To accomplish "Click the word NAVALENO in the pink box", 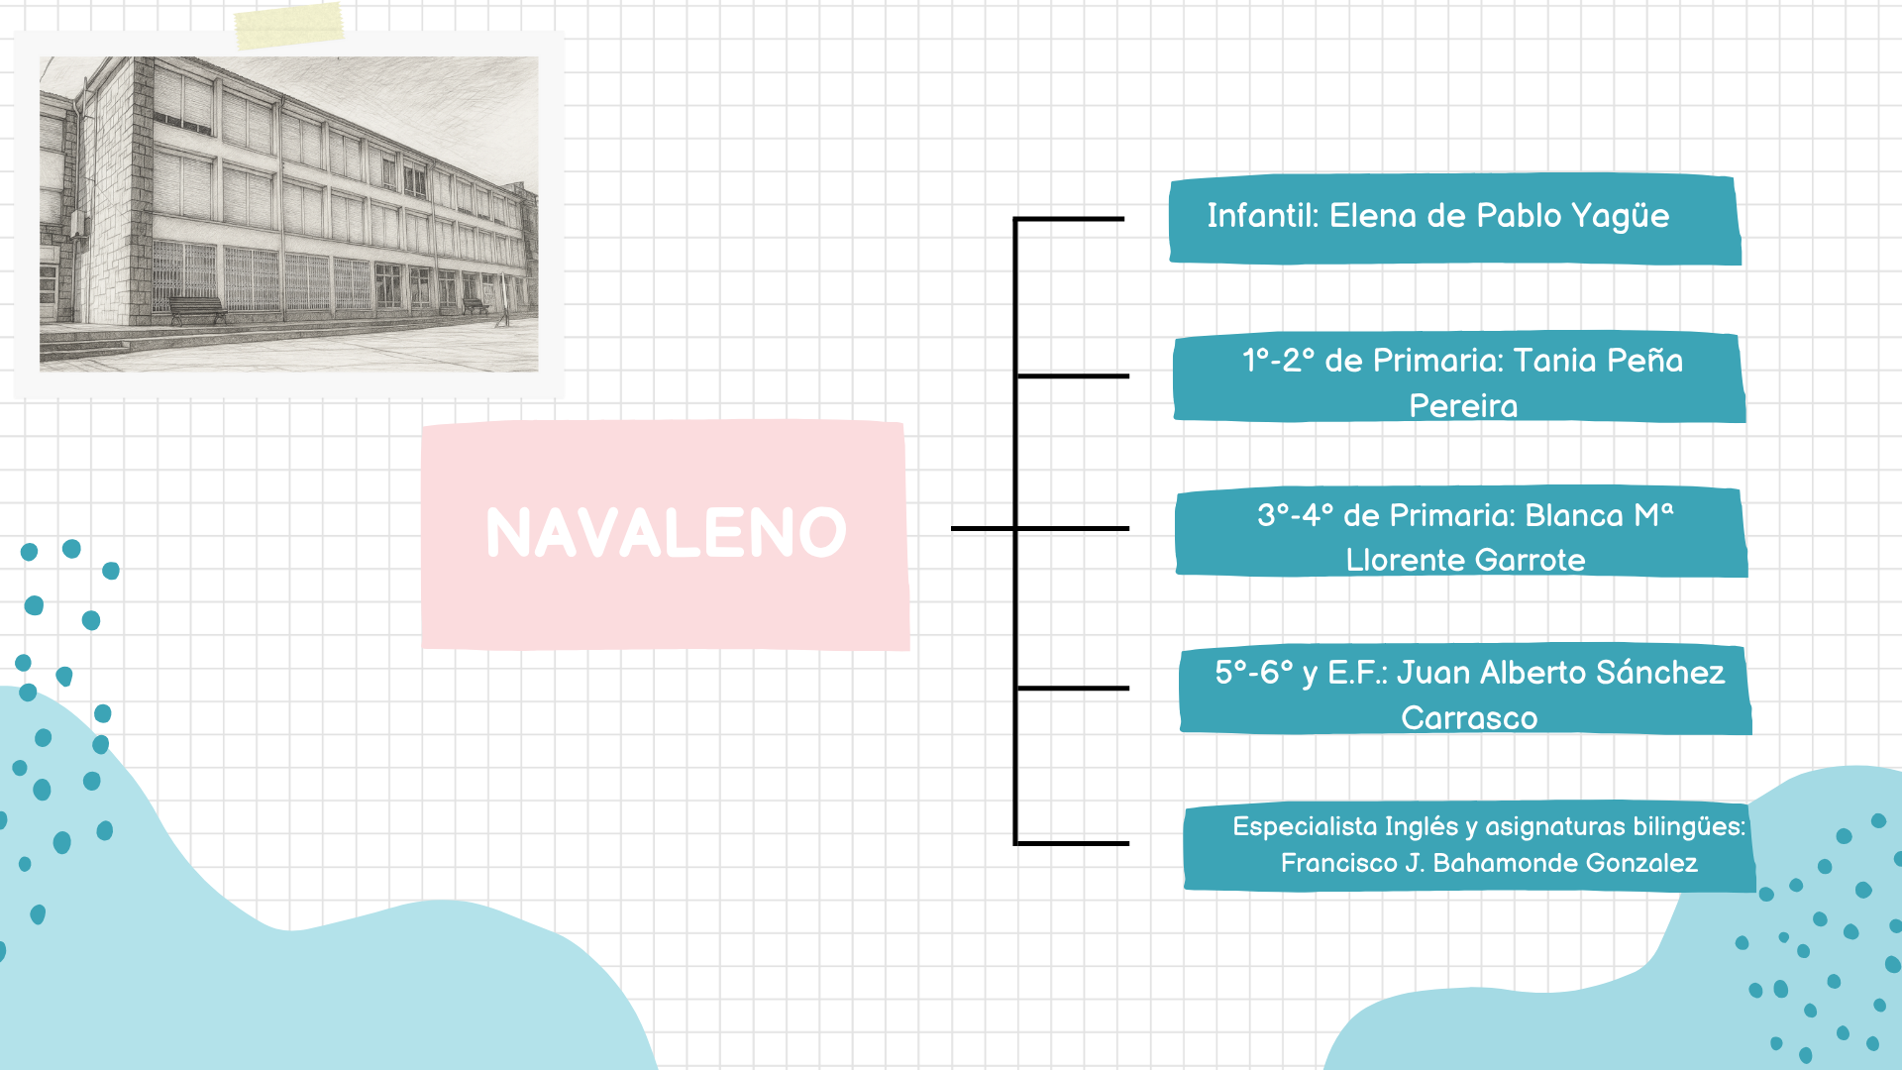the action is click(666, 532).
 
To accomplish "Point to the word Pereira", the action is click(1463, 405).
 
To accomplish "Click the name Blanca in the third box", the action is click(1574, 515).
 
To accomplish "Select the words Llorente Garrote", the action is click(1465, 560).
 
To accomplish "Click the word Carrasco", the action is click(1469, 717).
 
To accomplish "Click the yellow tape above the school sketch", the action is click(289, 26).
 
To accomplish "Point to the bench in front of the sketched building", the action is click(196, 309).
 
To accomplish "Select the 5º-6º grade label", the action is click(1254, 672).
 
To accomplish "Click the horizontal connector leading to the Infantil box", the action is click(1070, 219).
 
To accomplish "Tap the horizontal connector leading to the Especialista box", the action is click(1073, 843).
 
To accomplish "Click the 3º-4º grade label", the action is click(1295, 515).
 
